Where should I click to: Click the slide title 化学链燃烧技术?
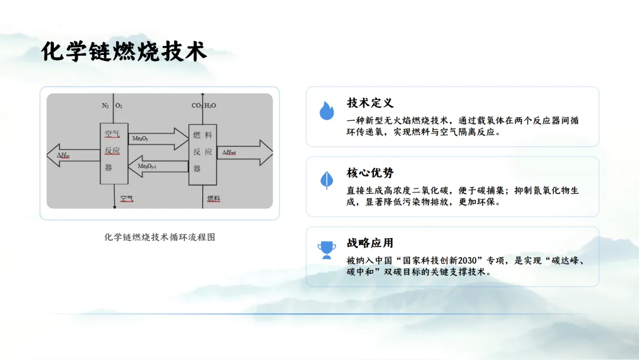click(x=124, y=52)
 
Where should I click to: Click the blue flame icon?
click(x=327, y=111)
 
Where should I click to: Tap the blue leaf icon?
click(x=327, y=180)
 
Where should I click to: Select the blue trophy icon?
click(x=327, y=249)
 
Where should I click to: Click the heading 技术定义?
click(x=370, y=104)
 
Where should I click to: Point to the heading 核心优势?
click(x=370, y=173)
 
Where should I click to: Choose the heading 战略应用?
click(x=370, y=243)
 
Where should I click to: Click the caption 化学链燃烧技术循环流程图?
click(x=159, y=237)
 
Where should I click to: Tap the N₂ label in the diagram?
click(x=105, y=106)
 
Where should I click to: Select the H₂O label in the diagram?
click(x=210, y=106)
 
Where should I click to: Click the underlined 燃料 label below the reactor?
click(x=214, y=198)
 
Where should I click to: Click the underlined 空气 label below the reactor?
click(x=127, y=198)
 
